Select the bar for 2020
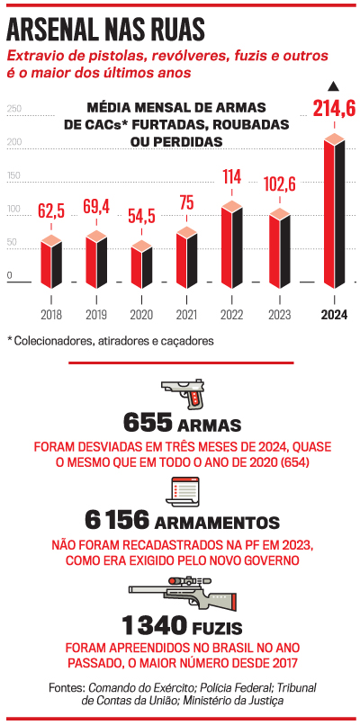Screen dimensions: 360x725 (x=141, y=264)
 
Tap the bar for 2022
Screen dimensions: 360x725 (x=232, y=245)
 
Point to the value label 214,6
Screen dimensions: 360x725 (x=334, y=110)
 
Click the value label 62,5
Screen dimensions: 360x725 (x=51, y=210)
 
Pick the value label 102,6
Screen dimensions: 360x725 (x=280, y=185)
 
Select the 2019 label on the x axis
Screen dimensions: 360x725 (x=95, y=316)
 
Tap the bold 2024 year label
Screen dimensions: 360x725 (x=335, y=316)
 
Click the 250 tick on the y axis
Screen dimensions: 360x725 (x=13, y=109)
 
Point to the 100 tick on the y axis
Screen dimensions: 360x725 (x=13, y=209)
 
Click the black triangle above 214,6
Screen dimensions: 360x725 (x=334, y=86)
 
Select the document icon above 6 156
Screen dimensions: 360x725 (x=182, y=491)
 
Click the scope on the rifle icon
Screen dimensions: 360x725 (x=189, y=580)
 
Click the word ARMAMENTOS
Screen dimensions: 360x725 (x=218, y=523)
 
